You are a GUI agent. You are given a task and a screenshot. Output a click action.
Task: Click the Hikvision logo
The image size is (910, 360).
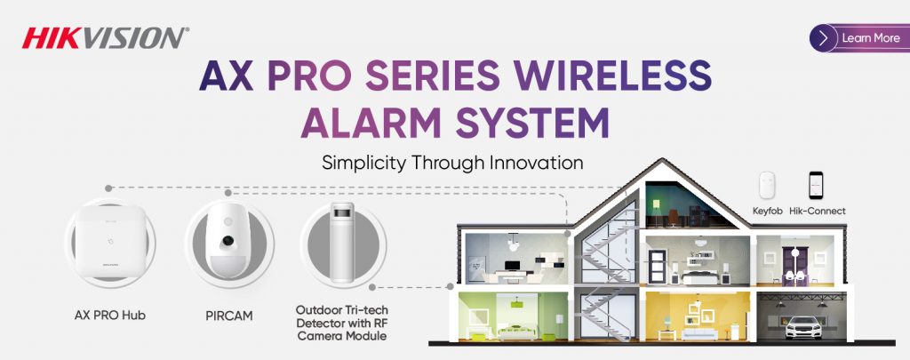click(x=105, y=37)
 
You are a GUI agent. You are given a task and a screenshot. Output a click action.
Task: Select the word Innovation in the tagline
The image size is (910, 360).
click(x=536, y=163)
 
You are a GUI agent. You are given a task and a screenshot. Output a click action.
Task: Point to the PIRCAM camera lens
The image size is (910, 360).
click(x=228, y=240)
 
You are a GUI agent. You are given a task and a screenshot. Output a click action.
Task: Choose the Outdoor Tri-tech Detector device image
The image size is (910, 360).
click(x=342, y=243)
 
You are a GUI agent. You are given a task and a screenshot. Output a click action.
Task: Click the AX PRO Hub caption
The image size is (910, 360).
click(x=109, y=316)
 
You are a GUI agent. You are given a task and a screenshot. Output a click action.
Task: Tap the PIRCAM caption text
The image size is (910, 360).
click(x=228, y=316)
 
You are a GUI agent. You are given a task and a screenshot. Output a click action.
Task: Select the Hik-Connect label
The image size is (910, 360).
click(x=818, y=212)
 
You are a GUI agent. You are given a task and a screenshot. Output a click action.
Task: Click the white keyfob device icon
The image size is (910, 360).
click(x=767, y=186)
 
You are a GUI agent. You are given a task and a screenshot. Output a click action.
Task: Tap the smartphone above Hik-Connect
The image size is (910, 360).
click(x=816, y=186)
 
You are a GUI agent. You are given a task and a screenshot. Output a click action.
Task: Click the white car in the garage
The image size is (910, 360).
click(x=803, y=327)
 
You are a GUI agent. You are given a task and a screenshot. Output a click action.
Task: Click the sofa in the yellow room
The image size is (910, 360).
click(x=699, y=334)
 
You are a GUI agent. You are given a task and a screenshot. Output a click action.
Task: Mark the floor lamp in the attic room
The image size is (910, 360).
click(x=657, y=212)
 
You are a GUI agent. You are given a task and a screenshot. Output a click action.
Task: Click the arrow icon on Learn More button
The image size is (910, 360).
click(x=824, y=38)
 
